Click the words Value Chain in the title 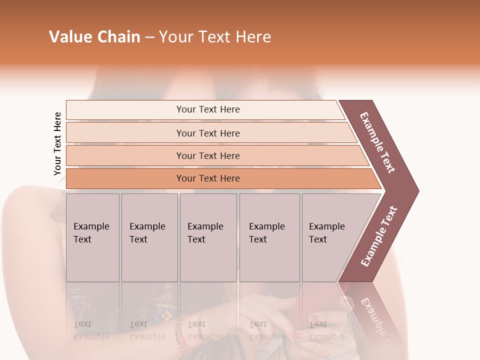pyautogui.click(x=94, y=37)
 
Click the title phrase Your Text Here pyautogui.click(x=215, y=37)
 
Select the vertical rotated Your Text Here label pyautogui.click(x=57, y=143)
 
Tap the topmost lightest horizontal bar pyautogui.click(x=207, y=109)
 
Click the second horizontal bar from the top pyautogui.click(x=207, y=133)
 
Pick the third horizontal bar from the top pyautogui.click(x=207, y=155)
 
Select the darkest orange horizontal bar pyautogui.click(x=207, y=178)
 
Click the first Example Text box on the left pyautogui.click(x=92, y=237)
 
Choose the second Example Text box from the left pyautogui.click(x=149, y=237)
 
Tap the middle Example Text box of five pyautogui.click(x=208, y=237)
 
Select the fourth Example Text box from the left pyautogui.click(x=269, y=237)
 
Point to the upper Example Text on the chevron pyautogui.click(x=378, y=142)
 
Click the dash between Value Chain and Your pyautogui.click(x=149, y=37)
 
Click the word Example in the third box pyautogui.click(x=205, y=226)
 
